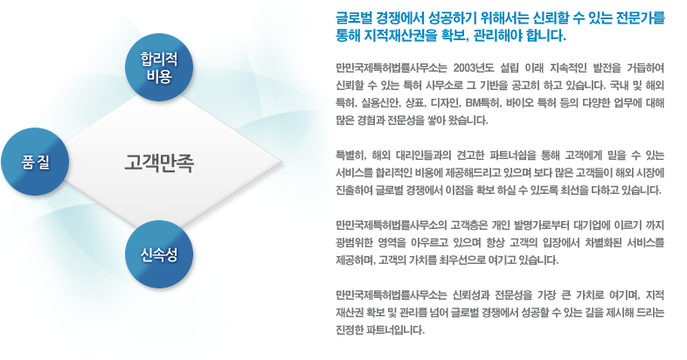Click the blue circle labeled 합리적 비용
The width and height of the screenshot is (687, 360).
point(159,67)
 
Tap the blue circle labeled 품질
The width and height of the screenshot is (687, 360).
point(35,162)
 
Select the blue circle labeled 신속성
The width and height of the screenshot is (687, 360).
point(159,254)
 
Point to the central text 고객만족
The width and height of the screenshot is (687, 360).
point(158,163)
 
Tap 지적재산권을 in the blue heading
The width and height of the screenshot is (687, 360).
point(393,36)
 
